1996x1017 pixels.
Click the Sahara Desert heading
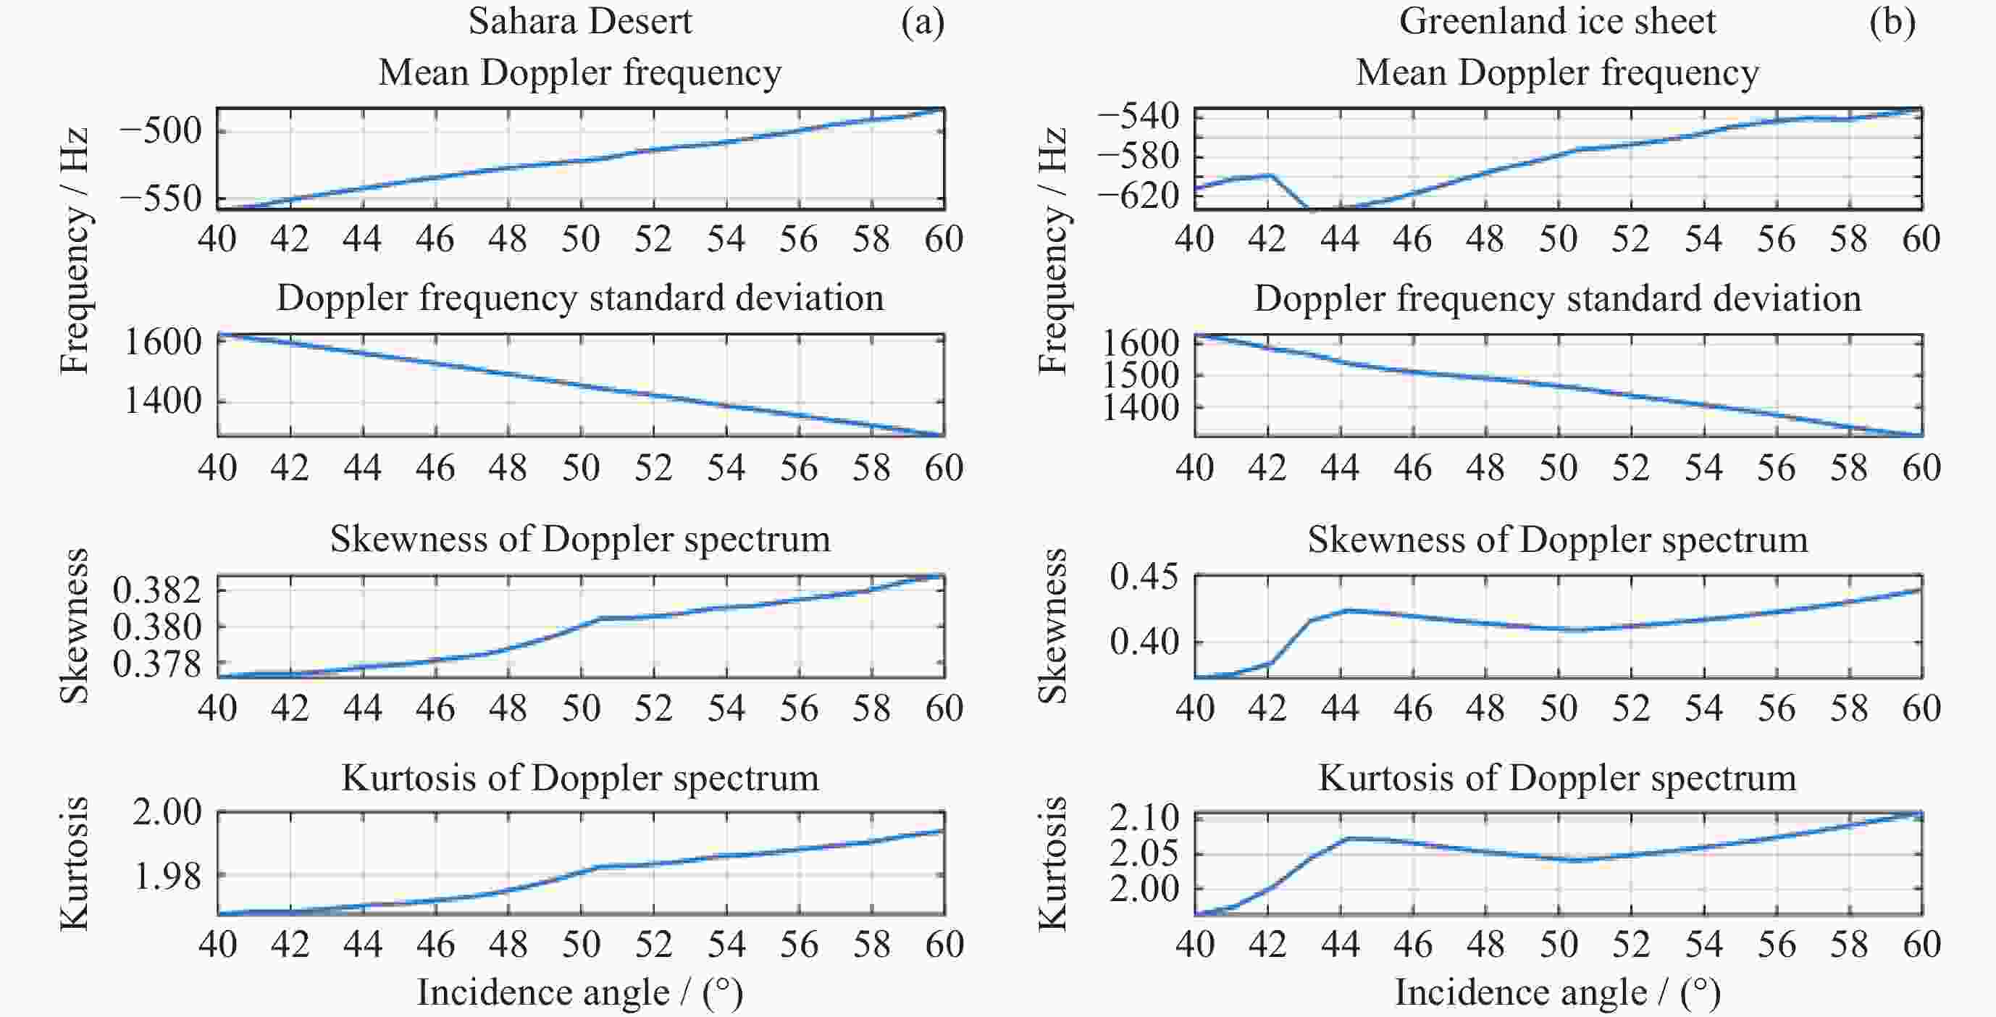[579, 22]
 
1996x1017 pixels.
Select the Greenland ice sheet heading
[1556, 22]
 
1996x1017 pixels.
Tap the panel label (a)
[922, 22]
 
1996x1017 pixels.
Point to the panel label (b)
[1892, 22]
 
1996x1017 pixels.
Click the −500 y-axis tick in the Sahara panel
[160, 130]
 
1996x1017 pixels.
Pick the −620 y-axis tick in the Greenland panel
[1138, 196]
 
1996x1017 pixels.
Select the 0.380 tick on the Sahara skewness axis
[157, 627]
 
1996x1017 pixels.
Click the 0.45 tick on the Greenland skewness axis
[1144, 577]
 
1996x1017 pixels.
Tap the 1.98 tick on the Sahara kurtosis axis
[167, 876]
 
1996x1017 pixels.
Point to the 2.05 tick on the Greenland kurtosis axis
[1144, 853]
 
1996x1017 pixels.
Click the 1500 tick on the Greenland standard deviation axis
[1140, 375]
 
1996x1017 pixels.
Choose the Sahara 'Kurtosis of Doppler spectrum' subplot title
[579, 777]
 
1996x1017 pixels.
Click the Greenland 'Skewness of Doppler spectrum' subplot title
[1557, 540]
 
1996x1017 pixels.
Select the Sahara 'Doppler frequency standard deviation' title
[579, 298]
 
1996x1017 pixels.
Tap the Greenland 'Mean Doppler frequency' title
[1556, 73]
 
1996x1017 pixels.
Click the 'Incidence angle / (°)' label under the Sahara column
[579, 993]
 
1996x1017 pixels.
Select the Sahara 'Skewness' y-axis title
[75, 626]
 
